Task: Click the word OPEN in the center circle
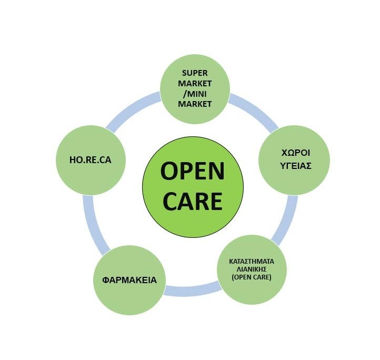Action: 193,172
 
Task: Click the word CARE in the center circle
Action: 193,201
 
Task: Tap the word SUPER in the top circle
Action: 195,73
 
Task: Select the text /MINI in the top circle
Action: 195,94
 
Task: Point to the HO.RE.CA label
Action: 91,160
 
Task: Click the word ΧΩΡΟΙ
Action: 296,153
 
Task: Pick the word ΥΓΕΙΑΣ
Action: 296,166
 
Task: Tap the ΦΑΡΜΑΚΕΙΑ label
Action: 129,280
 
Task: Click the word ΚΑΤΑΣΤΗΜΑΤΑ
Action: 252,262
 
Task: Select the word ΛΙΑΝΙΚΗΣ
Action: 252,269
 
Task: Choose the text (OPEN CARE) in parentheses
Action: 252,277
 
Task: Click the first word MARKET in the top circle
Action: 195,83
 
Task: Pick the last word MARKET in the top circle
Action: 195,104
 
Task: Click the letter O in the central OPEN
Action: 169,172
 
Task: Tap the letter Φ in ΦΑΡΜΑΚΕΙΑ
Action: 105,280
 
